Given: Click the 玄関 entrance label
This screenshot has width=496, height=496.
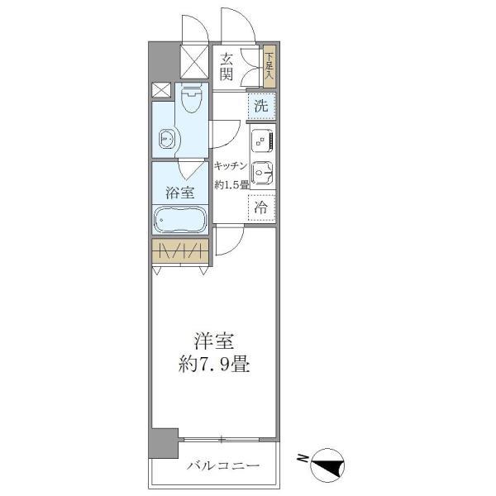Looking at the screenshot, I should [227, 66].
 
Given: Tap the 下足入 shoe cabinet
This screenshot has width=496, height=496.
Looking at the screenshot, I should [269, 67].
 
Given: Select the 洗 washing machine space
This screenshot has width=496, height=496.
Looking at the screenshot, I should [261, 106].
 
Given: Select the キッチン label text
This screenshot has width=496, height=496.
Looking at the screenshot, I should [231, 165].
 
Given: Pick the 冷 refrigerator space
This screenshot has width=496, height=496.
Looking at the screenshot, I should [261, 207].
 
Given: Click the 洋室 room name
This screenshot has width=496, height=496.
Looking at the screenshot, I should [212, 341].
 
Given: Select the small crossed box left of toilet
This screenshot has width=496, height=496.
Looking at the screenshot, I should [161, 91].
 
